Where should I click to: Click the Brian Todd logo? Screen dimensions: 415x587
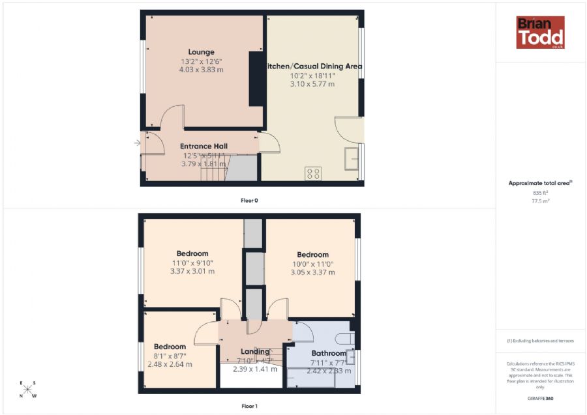[x=540, y=33]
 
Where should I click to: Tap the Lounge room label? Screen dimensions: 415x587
[x=201, y=52]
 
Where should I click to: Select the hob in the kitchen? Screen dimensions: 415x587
[x=313, y=173]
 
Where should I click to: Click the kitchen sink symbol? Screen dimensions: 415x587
[x=351, y=158]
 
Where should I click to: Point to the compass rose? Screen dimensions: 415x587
[x=28, y=390]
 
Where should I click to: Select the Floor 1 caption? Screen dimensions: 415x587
[x=249, y=407]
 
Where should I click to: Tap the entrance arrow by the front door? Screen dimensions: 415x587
[x=138, y=143]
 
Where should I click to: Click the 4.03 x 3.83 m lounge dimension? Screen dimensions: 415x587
[x=201, y=69]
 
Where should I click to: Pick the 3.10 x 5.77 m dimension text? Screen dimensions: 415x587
[x=312, y=84]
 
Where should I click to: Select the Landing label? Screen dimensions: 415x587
[x=255, y=351]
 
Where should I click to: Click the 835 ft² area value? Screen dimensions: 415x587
[x=540, y=193]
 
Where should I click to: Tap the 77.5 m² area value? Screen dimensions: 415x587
[x=540, y=201]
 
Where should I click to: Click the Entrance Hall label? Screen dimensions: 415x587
[x=203, y=146]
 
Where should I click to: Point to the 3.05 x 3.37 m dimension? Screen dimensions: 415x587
[x=312, y=272]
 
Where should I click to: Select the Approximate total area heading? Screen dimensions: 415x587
[x=540, y=183]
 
